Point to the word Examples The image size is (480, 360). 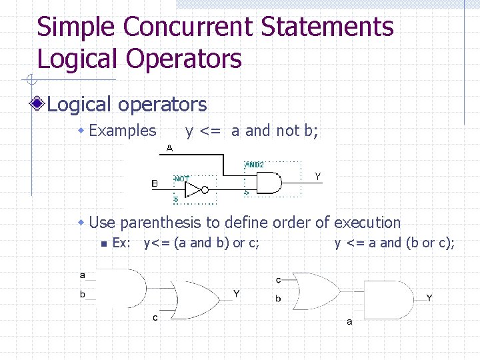(x=123, y=131)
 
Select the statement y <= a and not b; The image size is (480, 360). (x=252, y=131)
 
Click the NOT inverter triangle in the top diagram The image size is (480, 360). (x=193, y=191)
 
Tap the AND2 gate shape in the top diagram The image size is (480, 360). (x=267, y=182)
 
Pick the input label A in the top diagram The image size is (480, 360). (x=169, y=148)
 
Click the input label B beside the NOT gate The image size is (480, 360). (x=155, y=183)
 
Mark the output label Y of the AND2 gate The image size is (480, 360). (x=318, y=176)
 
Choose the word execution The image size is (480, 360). (x=367, y=223)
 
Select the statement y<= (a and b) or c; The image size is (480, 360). (x=202, y=243)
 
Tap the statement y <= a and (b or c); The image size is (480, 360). (x=395, y=243)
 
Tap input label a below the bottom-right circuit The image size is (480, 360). (x=349, y=322)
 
